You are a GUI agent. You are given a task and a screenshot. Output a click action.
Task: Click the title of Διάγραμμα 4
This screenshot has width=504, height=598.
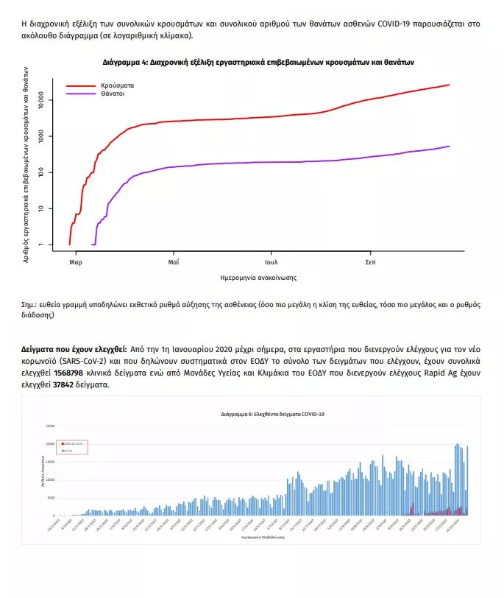(258, 63)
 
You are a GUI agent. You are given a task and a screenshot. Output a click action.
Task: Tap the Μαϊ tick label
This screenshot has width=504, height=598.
(173, 262)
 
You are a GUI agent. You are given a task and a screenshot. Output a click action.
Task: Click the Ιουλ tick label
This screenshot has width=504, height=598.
(272, 262)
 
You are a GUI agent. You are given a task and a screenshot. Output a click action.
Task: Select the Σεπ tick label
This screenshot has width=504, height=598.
(370, 262)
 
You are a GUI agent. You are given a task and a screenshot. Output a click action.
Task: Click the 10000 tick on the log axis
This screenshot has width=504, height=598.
(38, 99)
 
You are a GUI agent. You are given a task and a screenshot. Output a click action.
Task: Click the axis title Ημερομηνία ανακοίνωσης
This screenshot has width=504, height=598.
(258, 278)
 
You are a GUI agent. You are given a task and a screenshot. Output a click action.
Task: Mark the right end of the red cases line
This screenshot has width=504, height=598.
(449, 85)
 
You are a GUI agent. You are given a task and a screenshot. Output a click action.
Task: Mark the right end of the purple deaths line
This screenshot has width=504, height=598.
(449, 146)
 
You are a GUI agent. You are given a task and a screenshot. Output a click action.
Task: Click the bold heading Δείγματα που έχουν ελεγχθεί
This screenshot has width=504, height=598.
(74, 348)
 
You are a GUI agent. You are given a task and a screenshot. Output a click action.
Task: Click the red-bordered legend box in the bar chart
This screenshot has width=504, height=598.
(73, 447)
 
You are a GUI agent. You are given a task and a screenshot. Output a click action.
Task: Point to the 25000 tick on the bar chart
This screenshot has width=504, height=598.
(49, 426)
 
